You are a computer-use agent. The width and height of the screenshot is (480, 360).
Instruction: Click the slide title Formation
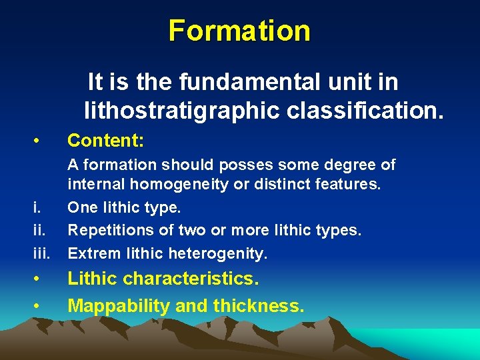pyautogui.click(x=239, y=31)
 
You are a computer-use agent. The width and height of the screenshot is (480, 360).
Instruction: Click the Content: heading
pyautogui.click(x=106, y=141)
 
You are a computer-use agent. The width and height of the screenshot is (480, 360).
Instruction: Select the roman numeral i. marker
pyautogui.click(x=36, y=207)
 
